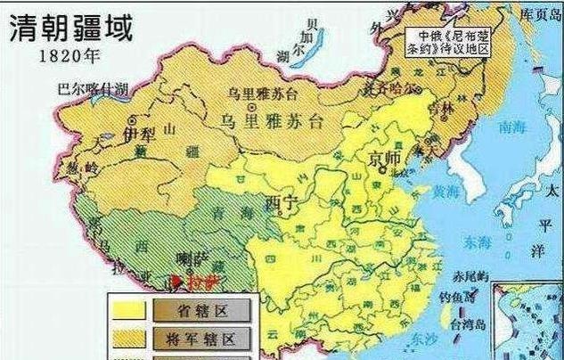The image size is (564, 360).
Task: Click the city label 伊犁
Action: pyautogui.click(x=139, y=134)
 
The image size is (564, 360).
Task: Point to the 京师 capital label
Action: pyautogui.click(x=384, y=159)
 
